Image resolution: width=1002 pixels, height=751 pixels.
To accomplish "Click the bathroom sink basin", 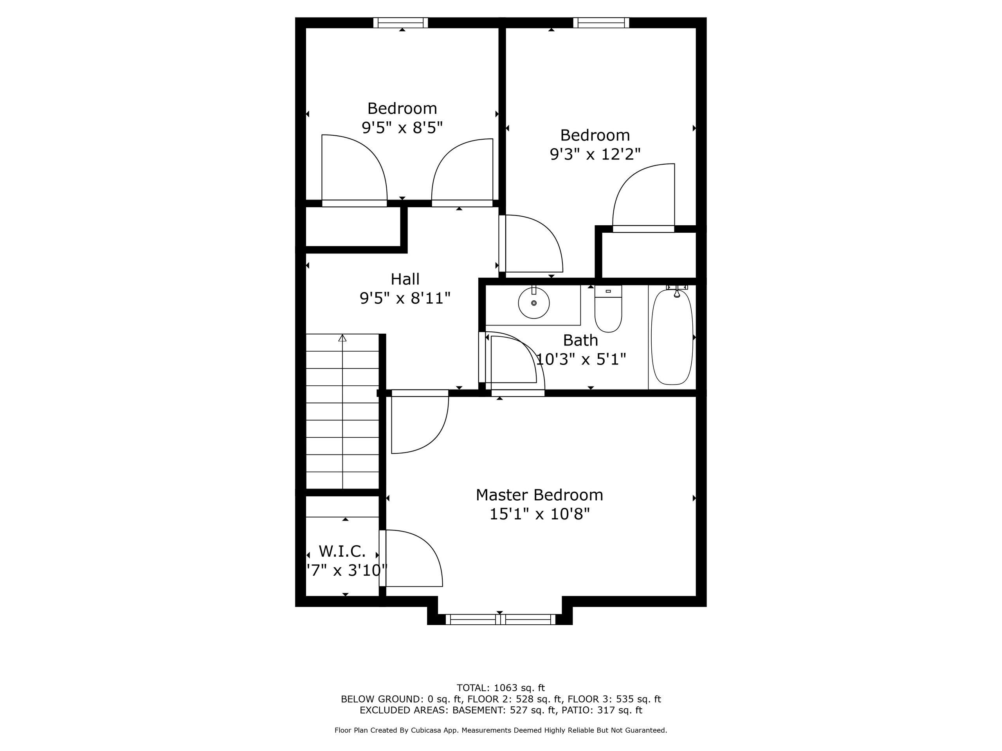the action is [533, 303].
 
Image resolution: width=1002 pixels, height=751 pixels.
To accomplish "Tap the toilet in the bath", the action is [608, 309].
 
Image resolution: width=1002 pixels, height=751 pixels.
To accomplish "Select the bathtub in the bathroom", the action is [672, 337].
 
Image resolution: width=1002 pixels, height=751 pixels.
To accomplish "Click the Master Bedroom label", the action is [539, 495].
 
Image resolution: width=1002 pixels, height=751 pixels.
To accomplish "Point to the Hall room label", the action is [405, 279].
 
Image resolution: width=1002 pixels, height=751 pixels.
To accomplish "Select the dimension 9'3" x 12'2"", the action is [595, 155].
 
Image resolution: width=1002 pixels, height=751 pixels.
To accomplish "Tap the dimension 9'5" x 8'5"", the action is [402, 128].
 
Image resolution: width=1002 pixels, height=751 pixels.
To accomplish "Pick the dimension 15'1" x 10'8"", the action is [539, 514].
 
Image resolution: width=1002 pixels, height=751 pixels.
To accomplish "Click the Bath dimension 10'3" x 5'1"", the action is [581, 359].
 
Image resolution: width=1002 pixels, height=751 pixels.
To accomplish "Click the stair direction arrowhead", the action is [342, 338].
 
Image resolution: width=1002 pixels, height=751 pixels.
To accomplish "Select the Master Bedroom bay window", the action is [500, 619].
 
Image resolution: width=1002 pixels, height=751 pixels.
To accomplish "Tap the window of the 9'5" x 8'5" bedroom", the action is [400, 23].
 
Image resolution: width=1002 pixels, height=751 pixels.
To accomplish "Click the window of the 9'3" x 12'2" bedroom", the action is [601, 23].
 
